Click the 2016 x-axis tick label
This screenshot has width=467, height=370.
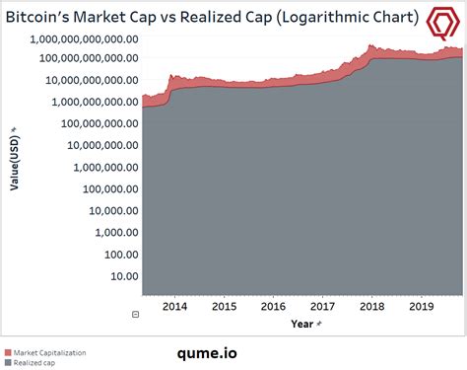[x=272, y=306]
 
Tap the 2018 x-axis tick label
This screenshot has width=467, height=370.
[x=372, y=306]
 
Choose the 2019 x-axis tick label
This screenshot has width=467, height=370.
[x=422, y=306]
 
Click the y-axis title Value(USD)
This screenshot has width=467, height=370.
[x=15, y=164]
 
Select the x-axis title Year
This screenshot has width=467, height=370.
[x=304, y=323]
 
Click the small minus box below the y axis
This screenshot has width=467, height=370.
[x=136, y=315]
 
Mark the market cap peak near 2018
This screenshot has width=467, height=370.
[x=371, y=45]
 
